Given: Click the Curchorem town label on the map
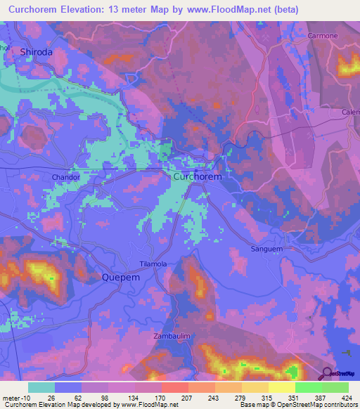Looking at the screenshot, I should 197,177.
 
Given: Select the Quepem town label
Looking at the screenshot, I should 122,277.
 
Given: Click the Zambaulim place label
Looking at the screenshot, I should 172,337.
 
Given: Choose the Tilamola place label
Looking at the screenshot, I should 153,264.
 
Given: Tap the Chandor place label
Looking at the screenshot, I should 65,178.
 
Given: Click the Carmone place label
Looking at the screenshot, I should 322,35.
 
